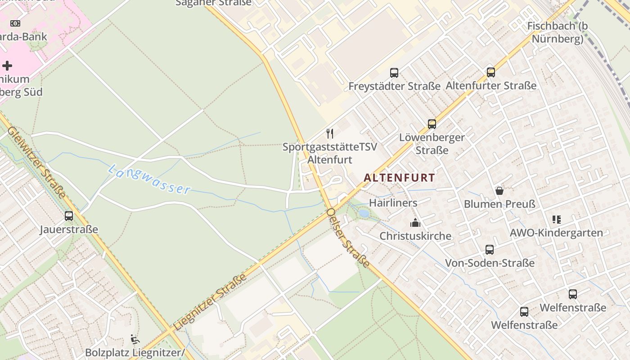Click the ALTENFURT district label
399,178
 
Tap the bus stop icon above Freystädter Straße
394,72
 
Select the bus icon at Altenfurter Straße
491,72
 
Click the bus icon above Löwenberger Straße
432,124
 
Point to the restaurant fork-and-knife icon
330,133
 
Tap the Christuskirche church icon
415,222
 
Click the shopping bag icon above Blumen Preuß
499,191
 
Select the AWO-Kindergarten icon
557,220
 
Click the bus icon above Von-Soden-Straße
490,249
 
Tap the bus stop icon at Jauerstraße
69,216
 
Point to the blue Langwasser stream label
149,180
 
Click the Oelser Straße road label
348,238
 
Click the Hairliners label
393,203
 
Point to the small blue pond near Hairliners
364,214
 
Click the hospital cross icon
7,66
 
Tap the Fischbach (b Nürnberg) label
558,32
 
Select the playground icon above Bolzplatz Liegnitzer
135,339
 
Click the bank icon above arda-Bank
15,23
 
